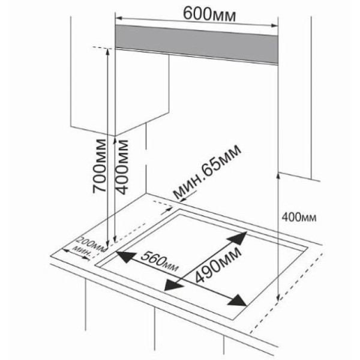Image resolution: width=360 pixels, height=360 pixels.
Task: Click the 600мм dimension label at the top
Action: [x=209, y=14]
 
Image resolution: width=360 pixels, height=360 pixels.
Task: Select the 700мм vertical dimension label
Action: [x=100, y=166]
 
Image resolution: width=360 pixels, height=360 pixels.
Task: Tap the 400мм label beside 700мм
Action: [x=121, y=166]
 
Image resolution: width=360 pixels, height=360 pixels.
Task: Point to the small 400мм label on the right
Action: [x=299, y=217]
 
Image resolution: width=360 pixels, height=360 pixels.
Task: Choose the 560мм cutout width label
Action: [x=160, y=262]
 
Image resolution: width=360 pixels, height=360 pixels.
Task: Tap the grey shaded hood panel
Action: [x=197, y=44]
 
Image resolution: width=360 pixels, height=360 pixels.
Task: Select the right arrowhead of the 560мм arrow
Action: [x=238, y=301]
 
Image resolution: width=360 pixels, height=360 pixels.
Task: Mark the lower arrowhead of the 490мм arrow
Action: [x=174, y=286]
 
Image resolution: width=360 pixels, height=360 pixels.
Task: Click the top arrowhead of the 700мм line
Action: [x=107, y=52]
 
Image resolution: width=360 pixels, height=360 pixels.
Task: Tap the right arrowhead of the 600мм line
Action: [x=275, y=25]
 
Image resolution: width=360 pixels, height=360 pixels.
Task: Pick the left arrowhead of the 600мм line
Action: [x=118, y=18]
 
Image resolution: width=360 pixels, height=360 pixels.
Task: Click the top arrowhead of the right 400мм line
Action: [x=278, y=176]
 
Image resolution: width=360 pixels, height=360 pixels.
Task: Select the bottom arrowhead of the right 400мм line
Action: [x=278, y=298]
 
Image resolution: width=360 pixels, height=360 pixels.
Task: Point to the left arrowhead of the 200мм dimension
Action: [x=65, y=250]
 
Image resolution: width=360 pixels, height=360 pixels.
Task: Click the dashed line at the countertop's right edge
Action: [x=287, y=293]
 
